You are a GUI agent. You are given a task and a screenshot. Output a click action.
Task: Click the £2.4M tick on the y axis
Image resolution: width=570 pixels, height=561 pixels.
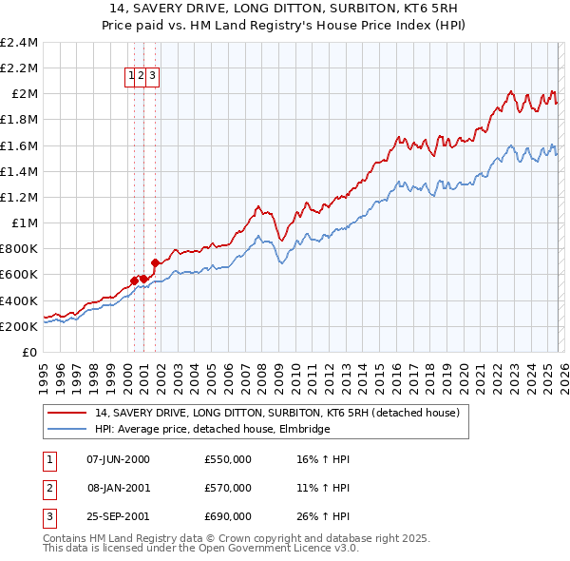(19, 43)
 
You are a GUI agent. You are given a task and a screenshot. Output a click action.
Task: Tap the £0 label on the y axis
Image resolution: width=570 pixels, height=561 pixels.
(30, 352)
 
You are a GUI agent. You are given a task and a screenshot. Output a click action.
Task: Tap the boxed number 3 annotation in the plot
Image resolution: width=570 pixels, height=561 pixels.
(152, 78)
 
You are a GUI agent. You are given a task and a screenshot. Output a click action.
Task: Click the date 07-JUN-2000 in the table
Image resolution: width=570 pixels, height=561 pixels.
(118, 459)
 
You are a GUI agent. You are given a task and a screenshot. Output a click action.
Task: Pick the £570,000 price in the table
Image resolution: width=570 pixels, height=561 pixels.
(228, 488)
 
